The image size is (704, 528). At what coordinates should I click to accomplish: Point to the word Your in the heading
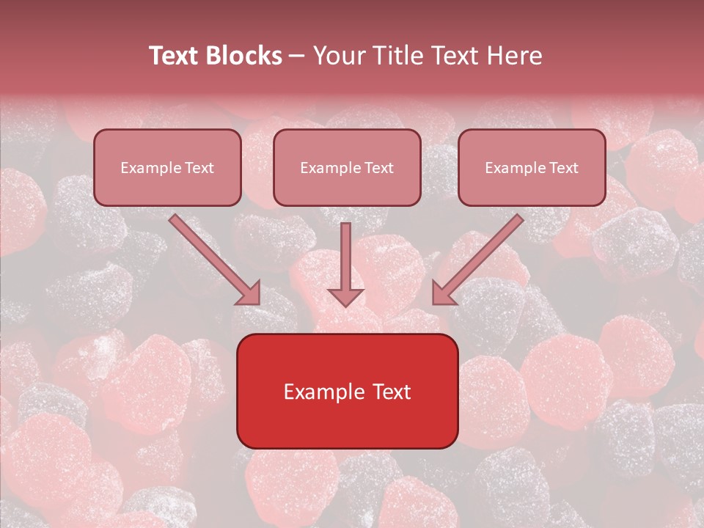point(337,56)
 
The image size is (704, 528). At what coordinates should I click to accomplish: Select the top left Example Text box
point(167,167)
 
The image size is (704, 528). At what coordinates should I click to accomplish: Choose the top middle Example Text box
point(347,167)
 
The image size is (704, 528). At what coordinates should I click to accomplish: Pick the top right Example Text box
point(532,167)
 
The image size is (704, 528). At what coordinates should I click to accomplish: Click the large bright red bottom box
point(347,391)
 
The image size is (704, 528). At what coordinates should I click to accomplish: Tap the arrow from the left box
point(213,258)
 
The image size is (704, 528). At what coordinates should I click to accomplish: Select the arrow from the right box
point(480,258)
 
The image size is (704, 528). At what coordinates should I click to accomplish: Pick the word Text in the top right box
point(563,168)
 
